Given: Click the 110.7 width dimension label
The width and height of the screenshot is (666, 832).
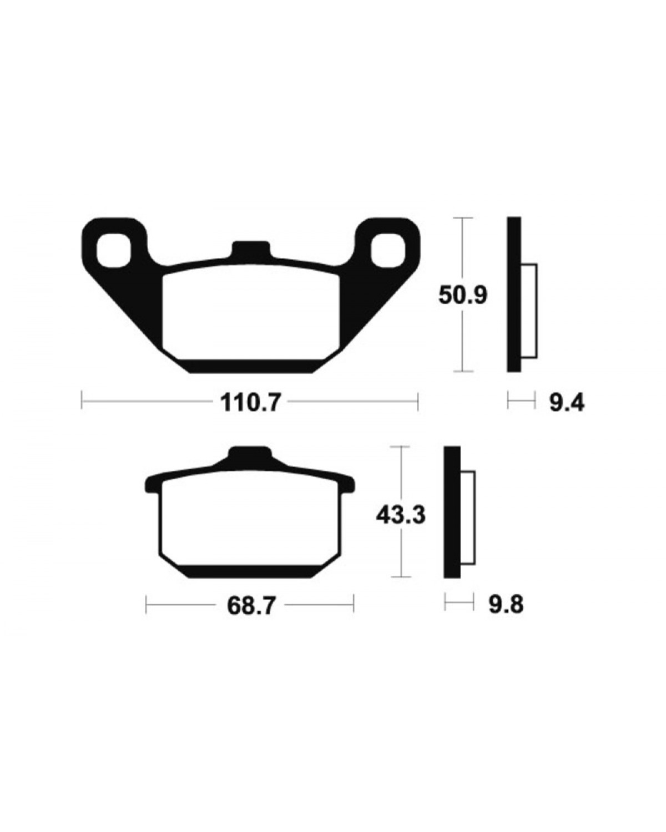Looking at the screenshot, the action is (x=250, y=404).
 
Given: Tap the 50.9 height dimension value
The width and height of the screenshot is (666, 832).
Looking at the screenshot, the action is (x=462, y=296).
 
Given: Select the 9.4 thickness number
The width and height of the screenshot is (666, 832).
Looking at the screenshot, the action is (x=566, y=404).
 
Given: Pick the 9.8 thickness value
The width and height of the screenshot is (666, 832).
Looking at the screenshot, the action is (x=506, y=605).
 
